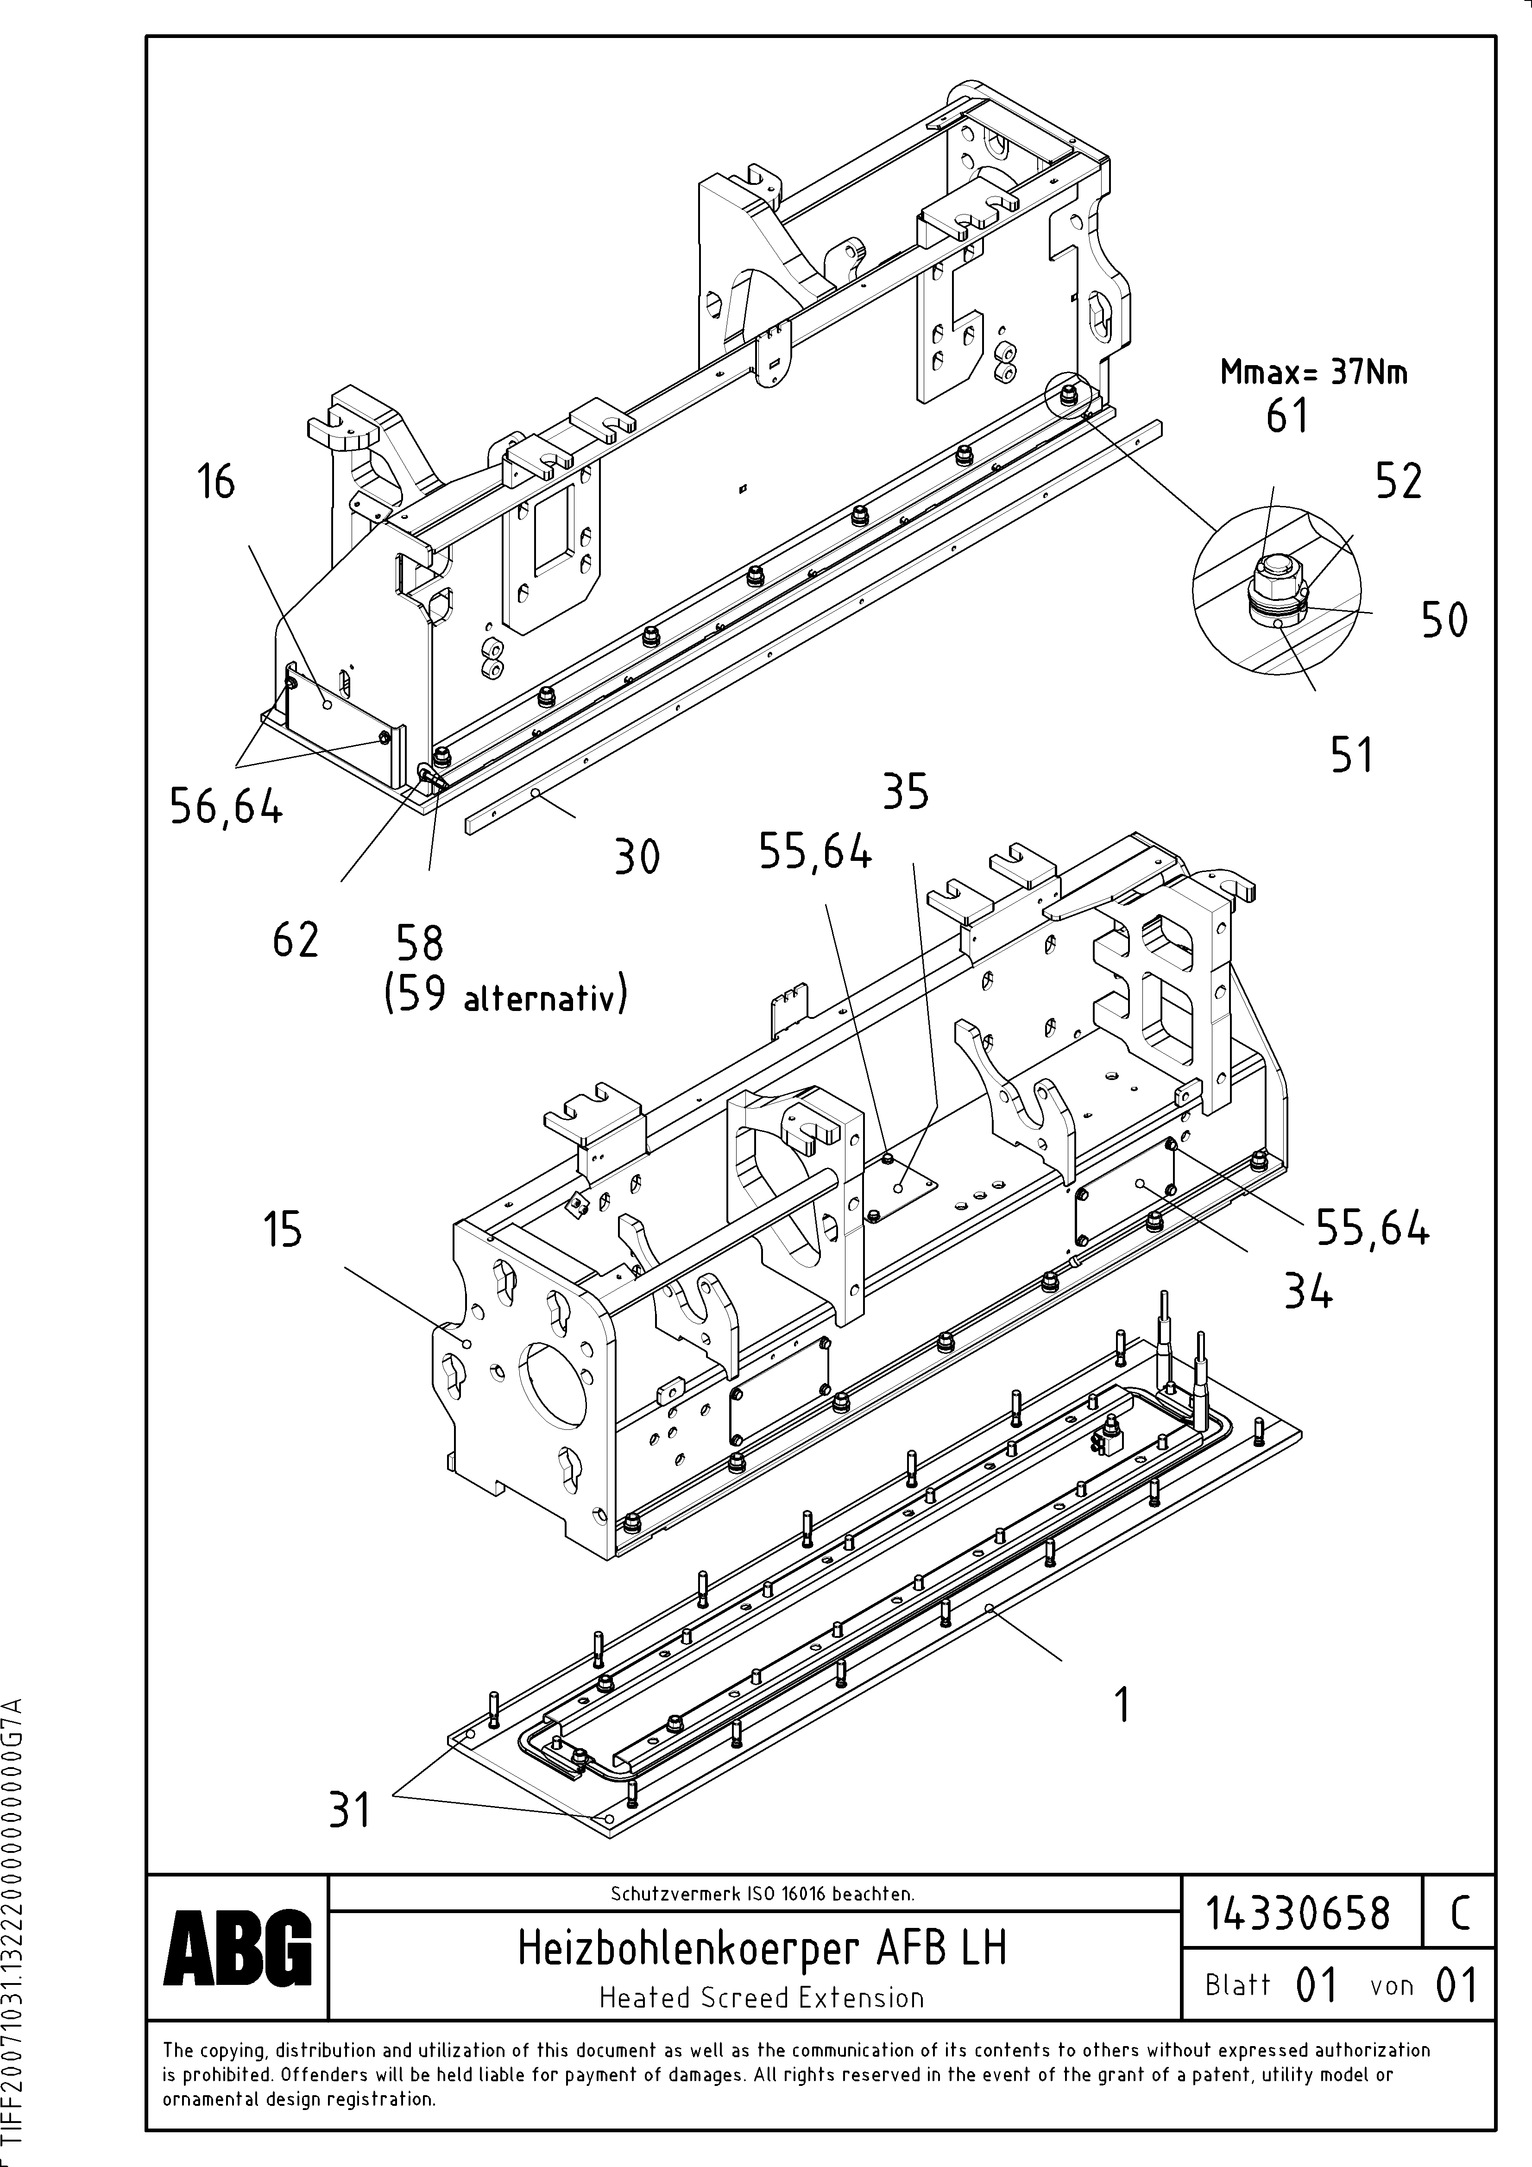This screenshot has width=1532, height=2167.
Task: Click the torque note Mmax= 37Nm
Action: tap(1313, 373)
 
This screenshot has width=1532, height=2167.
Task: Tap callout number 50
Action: tap(1444, 620)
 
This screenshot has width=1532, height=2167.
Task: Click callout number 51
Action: tap(1352, 755)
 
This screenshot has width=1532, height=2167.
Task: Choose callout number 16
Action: tap(215, 481)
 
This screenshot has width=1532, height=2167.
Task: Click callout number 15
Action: tap(282, 1229)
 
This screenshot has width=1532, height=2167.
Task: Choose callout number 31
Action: tap(349, 1809)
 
